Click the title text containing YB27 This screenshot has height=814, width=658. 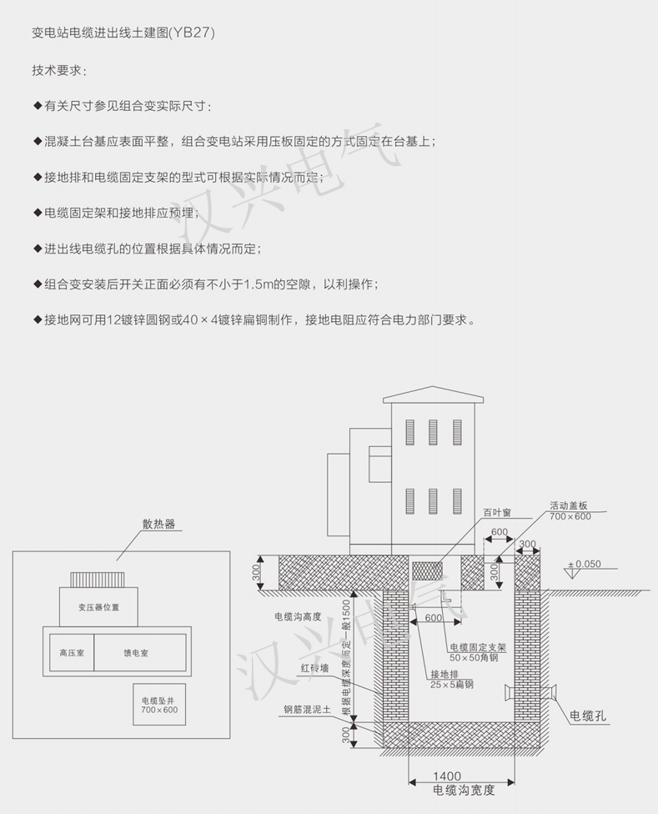(x=123, y=33)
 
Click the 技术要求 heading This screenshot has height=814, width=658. (x=58, y=70)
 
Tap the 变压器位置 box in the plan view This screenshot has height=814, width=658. (x=98, y=607)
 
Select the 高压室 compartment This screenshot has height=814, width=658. (x=72, y=652)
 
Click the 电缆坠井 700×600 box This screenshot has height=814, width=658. (x=159, y=705)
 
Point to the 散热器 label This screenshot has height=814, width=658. (x=158, y=524)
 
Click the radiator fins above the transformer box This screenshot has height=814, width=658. (x=98, y=580)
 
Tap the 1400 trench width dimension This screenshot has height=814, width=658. (x=447, y=776)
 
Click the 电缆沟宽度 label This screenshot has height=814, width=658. (x=464, y=791)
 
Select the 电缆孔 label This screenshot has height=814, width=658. (x=588, y=716)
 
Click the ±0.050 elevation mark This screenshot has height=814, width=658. (x=585, y=564)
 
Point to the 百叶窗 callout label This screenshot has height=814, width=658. (x=497, y=512)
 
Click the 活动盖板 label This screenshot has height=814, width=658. (x=569, y=505)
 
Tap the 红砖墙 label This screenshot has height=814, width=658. (x=315, y=668)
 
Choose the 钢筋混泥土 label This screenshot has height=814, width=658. (x=307, y=710)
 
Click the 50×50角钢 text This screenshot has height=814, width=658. (x=474, y=658)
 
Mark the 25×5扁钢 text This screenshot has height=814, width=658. (x=451, y=685)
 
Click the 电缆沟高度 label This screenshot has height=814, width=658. (x=298, y=616)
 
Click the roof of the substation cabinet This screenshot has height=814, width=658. (x=434, y=394)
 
